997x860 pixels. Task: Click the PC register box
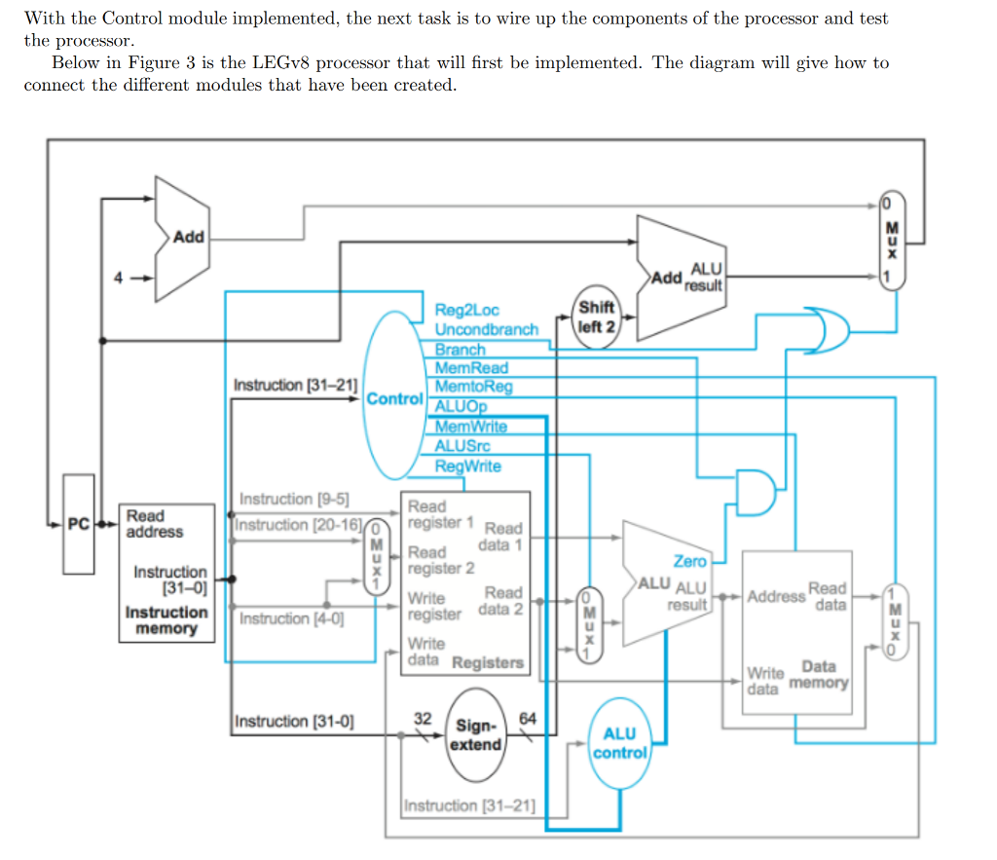tap(78, 524)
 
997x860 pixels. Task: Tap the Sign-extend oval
tap(477, 735)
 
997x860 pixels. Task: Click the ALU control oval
tap(619, 742)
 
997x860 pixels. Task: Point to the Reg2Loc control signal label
tap(466, 311)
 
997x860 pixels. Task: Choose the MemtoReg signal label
tap(473, 387)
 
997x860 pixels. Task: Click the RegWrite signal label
tap(468, 466)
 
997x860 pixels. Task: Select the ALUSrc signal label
tap(462, 446)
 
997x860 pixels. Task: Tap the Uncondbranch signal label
tap(486, 329)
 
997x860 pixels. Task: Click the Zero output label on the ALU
tap(689, 561)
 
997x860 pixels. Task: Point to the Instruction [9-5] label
tap(294, 499)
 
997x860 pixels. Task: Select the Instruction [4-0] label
tap(291, 618)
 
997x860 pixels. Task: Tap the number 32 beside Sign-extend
tap(423, 718)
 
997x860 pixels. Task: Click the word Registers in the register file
tap(488, 662)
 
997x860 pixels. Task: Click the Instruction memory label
tap(166, 620)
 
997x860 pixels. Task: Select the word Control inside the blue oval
tap(394, 398)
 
